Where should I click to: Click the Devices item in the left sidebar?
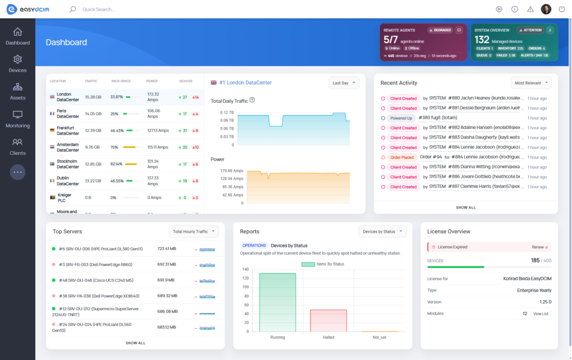click(17, 64)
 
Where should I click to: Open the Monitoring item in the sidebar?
click(17, 119)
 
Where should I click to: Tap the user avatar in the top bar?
click(546, 9)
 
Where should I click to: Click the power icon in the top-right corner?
click(561, 9)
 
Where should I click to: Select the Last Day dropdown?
click(344, 83)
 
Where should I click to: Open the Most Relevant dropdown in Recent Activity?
click(531, 83)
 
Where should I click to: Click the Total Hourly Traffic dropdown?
click(193, 231)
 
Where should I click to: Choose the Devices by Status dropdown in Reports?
click(382, 231)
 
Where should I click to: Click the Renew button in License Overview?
click(540, 247)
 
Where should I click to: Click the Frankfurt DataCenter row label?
click(68, 131)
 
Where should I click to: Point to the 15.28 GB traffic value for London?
click(93, 97)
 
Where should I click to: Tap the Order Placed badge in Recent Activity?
click(403, 157)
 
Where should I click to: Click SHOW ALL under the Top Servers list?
click(135, 343)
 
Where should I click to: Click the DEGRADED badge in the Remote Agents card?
click(440, 30)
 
